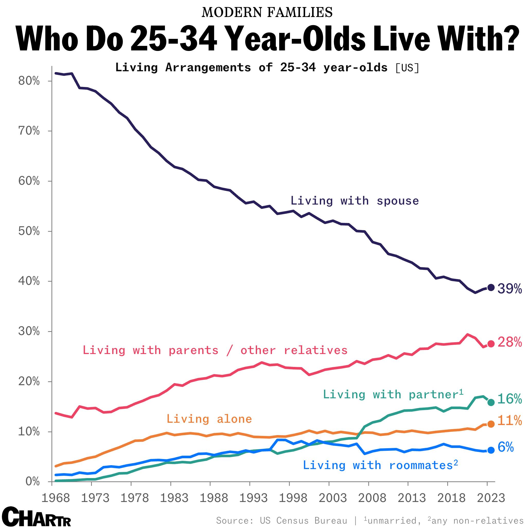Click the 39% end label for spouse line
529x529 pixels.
pos(509,289)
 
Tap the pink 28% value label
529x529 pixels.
pos(509,342)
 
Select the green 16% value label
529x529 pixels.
pos(509,399)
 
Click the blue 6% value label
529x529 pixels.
pos(505,447)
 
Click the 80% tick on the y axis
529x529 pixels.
pos(29,81)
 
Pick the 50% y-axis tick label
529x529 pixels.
pos(29,231)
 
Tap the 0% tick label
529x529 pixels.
pos(32,481)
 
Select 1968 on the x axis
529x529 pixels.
pos(56,498)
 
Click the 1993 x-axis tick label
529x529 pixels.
pos(253,498)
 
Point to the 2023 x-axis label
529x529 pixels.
pos(491,498)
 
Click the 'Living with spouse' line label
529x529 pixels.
pos(355,201)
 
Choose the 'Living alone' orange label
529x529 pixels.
pos(209,419)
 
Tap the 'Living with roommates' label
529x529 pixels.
pos(380,465)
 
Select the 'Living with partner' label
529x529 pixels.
pos(393,394)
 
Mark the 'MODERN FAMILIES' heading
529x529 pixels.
pos(267,12)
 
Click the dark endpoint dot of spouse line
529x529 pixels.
pos(491,287)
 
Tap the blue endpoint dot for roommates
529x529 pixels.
pos(491,450)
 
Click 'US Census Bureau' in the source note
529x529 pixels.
pos(303,520)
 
